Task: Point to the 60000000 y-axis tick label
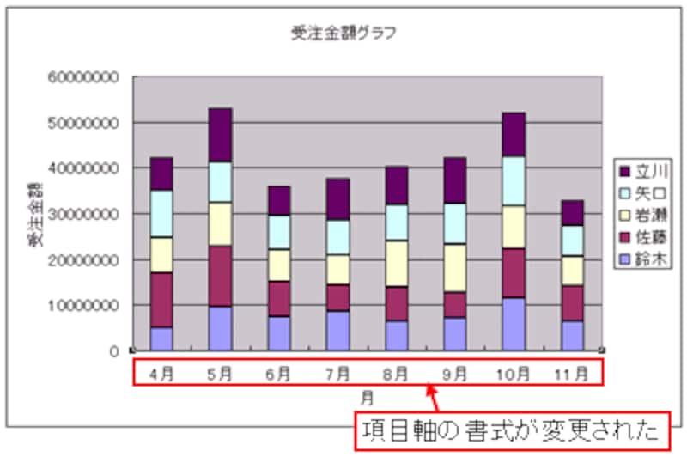83,77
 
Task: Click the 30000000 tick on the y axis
83,214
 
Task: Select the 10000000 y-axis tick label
83,305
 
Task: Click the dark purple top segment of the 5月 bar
221,134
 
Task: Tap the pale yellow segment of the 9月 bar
455,268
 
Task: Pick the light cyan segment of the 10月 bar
514,180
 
